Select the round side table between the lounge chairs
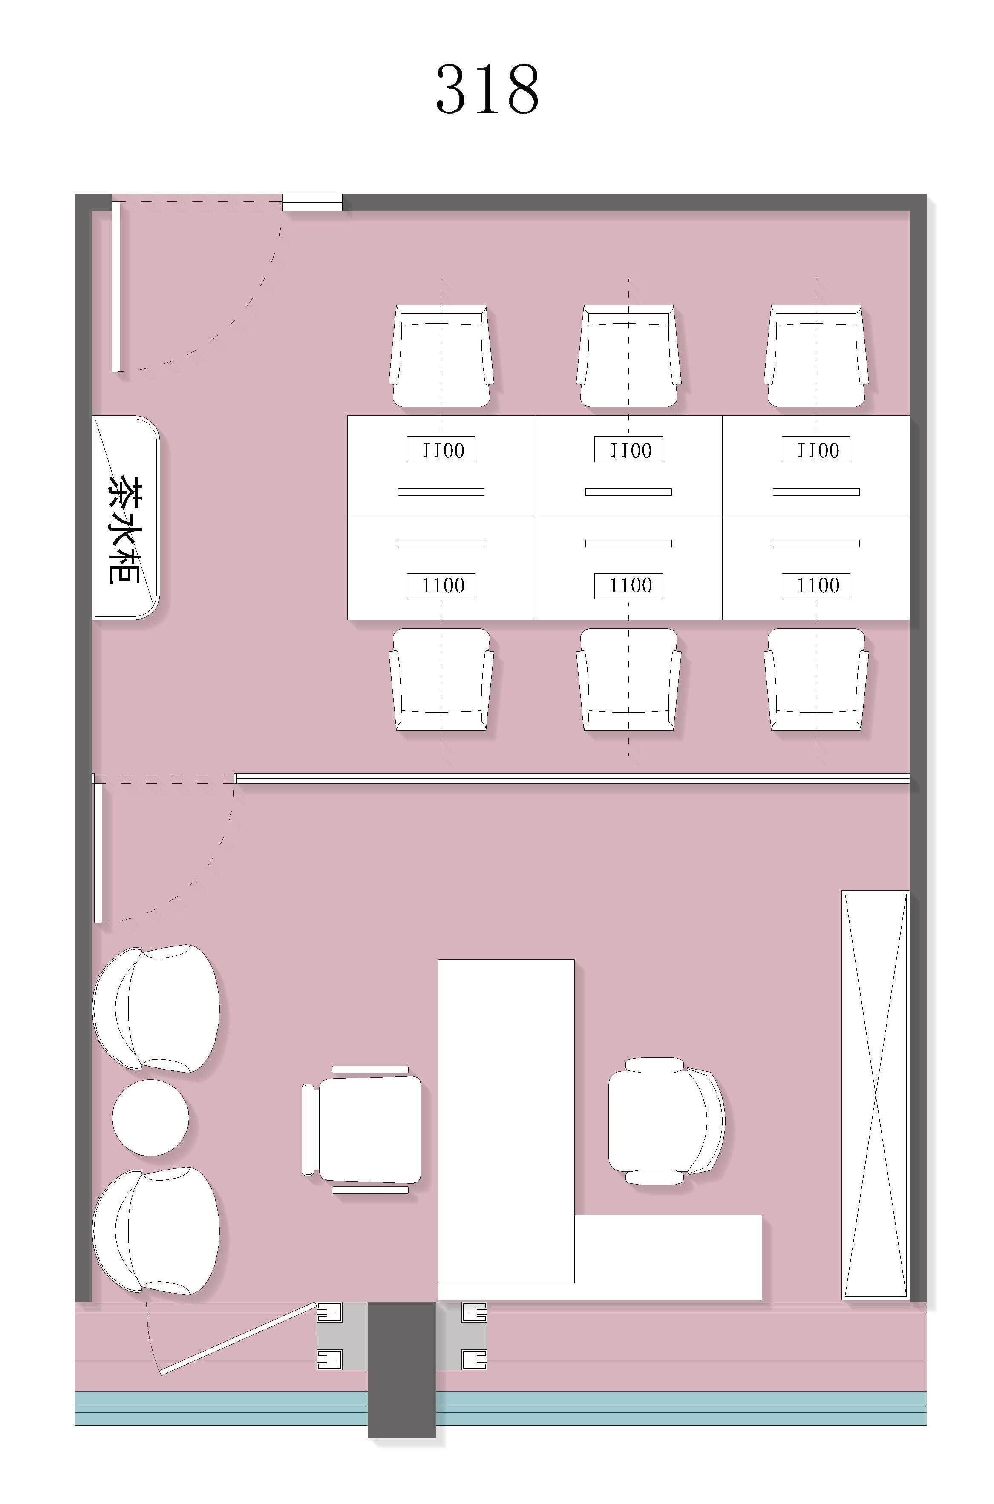click(x=150, y=1118)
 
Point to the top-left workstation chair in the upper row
click(x=441, y=356)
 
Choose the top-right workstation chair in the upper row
click(x=816, y=356)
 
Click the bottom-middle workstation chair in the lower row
click(x=629, y=679)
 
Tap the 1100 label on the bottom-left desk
click(x=441, y=586)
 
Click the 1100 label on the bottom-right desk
click(x=816, y=586)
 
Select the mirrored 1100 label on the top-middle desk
click(x=629, y=449)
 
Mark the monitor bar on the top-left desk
click(x=441, y=492)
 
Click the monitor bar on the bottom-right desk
click(x=816, y=543)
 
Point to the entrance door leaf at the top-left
click(x=116, y=287)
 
